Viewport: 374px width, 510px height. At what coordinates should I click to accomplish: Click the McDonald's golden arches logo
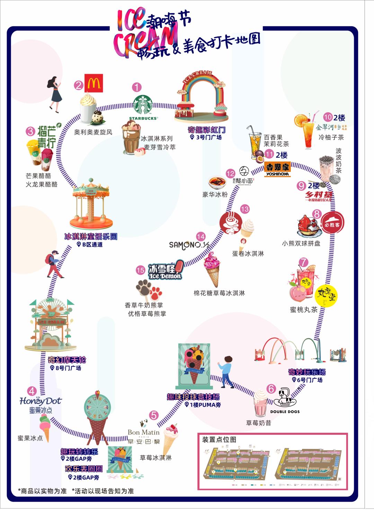point(93,84)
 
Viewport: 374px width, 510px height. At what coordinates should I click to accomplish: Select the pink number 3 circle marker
point(31,131)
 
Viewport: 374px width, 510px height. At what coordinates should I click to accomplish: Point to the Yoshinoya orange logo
point(278,169)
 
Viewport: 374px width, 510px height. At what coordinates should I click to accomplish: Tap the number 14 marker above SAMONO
point(201,237)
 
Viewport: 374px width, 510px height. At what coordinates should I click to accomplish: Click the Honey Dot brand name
point(41,401)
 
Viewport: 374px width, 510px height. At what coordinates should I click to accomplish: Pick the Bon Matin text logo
point(143,432)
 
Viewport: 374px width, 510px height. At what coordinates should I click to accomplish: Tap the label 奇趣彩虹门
point(206,130)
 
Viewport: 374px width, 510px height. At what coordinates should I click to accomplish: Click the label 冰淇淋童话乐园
point(91,237)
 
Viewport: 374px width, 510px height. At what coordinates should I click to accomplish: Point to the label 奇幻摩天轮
point(67,360)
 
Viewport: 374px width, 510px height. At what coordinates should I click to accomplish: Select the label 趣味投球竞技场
point(193,397)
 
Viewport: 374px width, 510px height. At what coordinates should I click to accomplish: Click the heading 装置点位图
point(219,439)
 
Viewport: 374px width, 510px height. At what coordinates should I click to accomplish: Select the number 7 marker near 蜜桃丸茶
point(303,262)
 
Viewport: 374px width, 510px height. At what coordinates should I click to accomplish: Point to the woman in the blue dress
point(55,93)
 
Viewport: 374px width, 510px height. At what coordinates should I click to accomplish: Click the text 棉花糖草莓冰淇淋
point(219,293)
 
